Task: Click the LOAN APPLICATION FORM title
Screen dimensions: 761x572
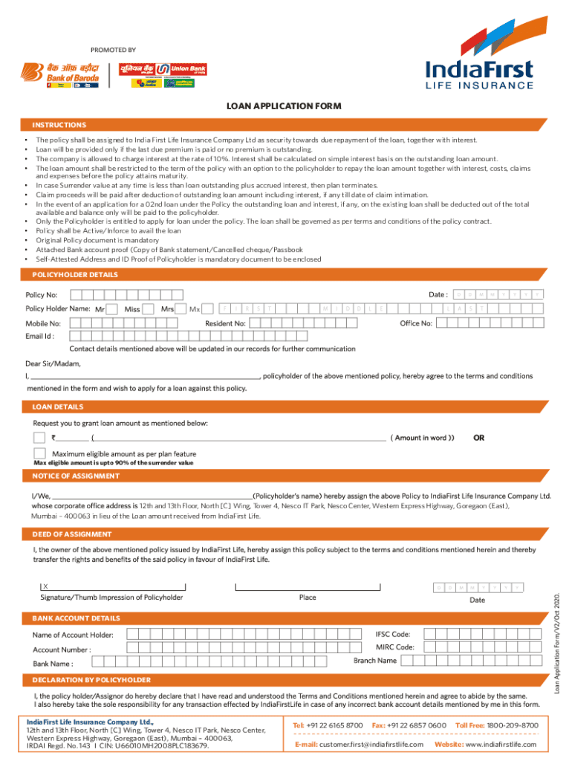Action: click(284, 106)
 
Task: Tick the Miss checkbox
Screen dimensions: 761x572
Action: click(147, 308)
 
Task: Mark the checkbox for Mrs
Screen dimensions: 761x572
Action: click(181, 308)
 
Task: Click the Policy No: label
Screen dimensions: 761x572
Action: click(42, 296)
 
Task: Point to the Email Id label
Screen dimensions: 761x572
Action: click(39, 336)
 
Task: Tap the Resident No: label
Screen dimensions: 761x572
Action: click(225, 323)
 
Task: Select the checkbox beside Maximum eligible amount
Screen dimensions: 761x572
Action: click(39, 453)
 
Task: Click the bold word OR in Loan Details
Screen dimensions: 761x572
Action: click(478, 438)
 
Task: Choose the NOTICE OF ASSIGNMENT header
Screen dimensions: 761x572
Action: click(76, 476)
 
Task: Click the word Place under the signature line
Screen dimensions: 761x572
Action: click(308, 598)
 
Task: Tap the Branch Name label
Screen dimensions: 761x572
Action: click(375, 661)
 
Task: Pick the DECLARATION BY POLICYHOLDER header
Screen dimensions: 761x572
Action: click(91, 680)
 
